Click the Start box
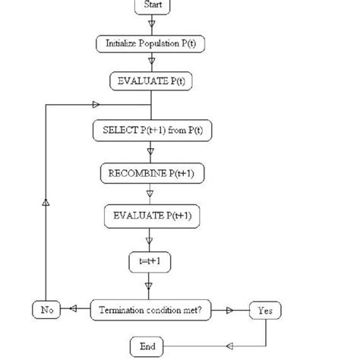pos(153,6)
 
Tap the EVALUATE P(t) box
pos(152,81)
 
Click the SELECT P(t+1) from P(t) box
pos(153,130)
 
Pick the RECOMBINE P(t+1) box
pos(153,173)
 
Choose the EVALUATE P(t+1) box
pos(153,216)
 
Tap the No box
pos(45,310)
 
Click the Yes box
pos(265,310)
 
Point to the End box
pos(148,346)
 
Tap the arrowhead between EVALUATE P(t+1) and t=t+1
pos(150,243)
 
